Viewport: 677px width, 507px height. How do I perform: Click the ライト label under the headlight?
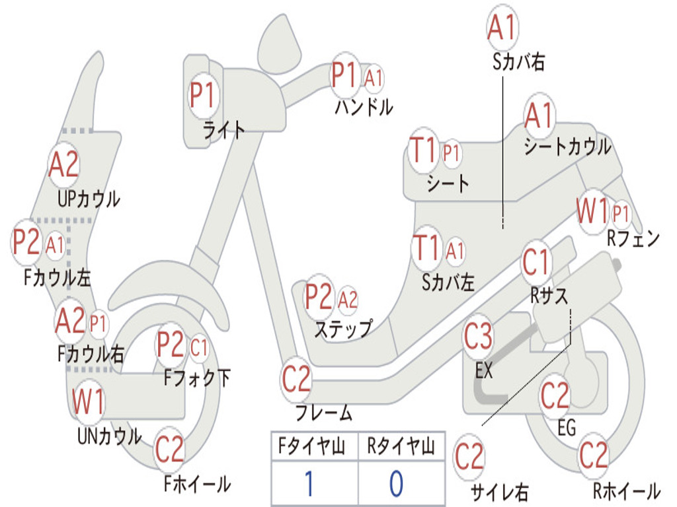point(223,130)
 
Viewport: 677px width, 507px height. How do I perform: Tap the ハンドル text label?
point(363,106)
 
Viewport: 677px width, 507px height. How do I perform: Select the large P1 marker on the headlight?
point(202,96)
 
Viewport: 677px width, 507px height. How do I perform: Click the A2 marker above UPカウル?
point(64,166)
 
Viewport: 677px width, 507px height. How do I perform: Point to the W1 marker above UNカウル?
point(88,402)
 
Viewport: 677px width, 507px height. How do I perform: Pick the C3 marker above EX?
point(478,337)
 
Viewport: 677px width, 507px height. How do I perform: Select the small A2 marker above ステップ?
point(348,300)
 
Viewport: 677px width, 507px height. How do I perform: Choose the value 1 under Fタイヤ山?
point(308,484)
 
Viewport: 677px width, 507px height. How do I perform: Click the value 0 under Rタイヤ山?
point(396,484)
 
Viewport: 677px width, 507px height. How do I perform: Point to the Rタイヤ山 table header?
point(400,448)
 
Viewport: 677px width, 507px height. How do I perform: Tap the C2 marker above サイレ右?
point(469,457)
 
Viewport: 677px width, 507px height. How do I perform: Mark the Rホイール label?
point(626,490)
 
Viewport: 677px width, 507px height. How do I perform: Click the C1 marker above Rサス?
point(536,263)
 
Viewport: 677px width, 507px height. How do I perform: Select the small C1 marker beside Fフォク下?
point(199,347)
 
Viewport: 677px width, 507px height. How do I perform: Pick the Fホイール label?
point(197,483)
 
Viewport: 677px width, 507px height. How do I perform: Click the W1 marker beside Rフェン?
point(592,213)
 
